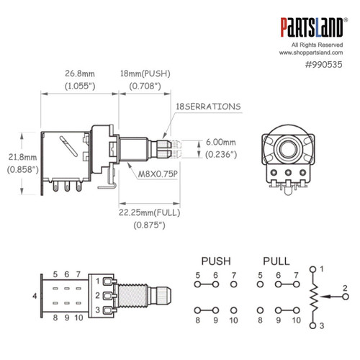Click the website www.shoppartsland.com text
coord(315,53)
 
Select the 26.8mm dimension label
coord(60,74)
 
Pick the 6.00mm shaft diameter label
coord(221,143)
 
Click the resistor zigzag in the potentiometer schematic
coord(311,296)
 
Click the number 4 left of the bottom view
coord(35,296)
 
